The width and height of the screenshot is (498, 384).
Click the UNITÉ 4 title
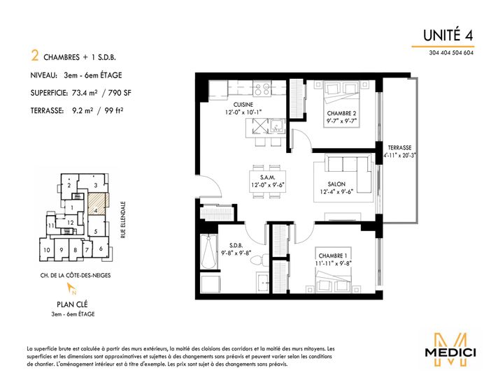(448, 35)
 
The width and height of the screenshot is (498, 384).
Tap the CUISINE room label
(243, 105)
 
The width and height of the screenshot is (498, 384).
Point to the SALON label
(336, 184)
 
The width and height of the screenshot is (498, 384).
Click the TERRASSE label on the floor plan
(399, 148)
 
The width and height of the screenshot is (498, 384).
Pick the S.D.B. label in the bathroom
(236, 245)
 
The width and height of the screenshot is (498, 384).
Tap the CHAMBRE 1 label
(333, 256)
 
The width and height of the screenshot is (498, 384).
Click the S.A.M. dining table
(267, 182)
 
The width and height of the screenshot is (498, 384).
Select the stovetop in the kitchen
(262, 88)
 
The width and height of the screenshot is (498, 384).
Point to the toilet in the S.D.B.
(259, 260)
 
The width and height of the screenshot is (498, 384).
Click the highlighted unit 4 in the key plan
(97, 204)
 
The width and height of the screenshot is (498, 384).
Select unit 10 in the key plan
(47, 250)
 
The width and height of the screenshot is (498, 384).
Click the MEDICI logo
(450, 350)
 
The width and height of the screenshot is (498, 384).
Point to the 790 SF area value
(120, 93)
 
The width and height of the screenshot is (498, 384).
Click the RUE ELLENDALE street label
(123, 220)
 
